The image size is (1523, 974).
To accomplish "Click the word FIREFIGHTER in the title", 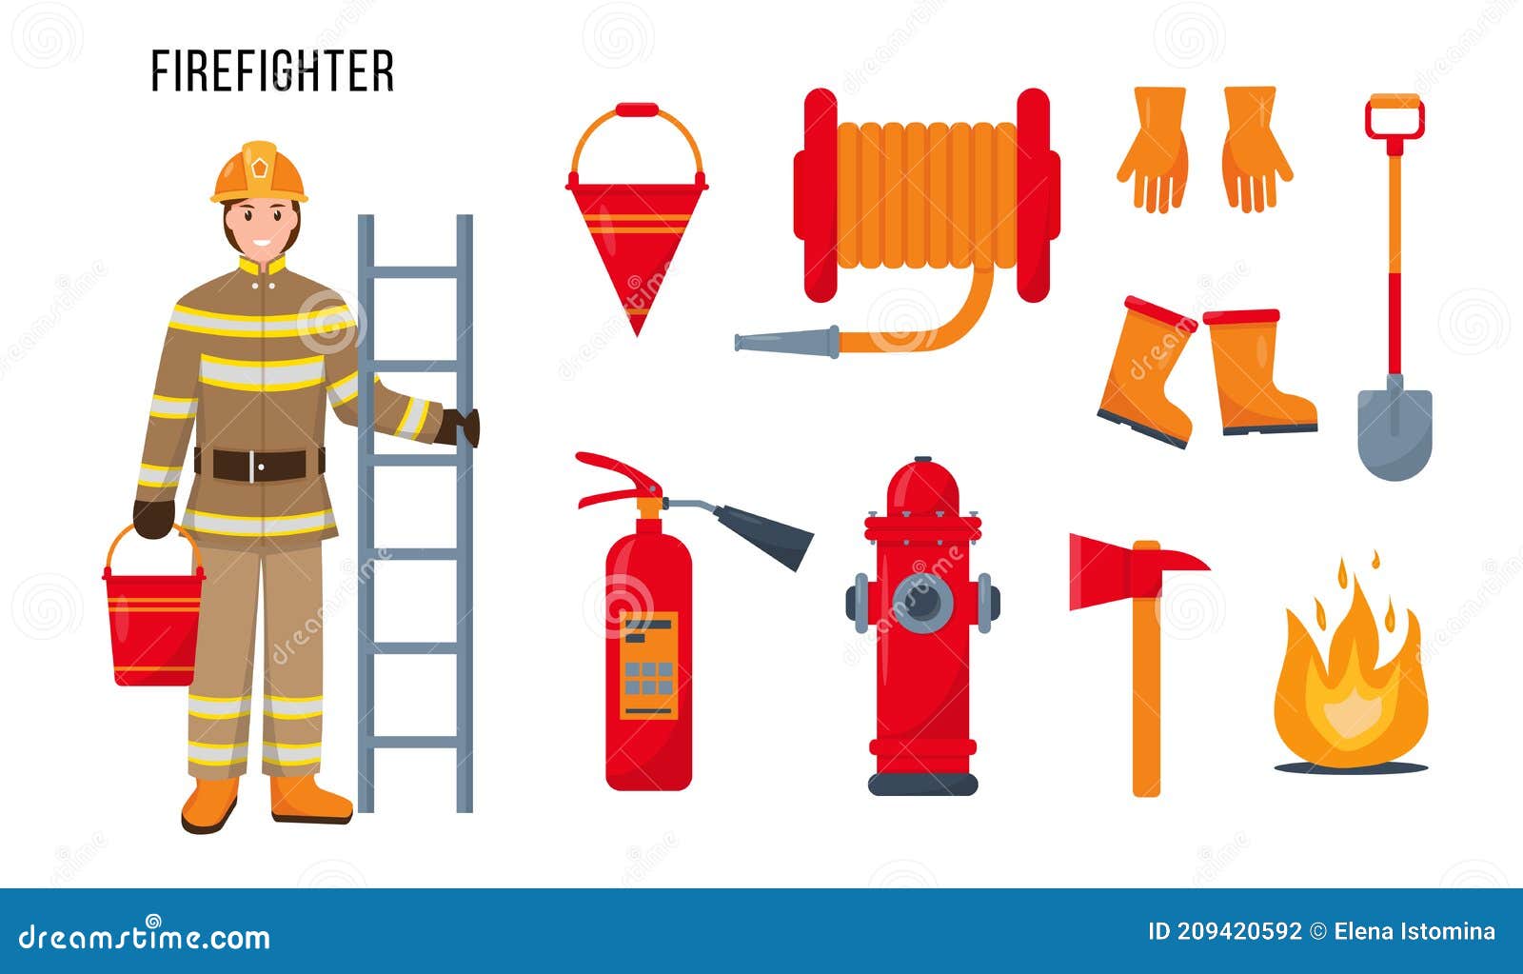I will pos(272,71).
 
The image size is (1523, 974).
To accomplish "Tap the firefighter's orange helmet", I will pos(259,172).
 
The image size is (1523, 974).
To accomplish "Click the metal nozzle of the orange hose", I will pos(787,341).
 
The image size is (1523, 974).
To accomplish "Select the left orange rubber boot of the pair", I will pos(1148,372).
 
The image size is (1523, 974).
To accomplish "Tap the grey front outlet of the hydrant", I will pos(922,603).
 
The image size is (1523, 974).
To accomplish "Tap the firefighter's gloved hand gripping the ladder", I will pos(461,427).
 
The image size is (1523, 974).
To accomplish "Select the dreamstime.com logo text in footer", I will pos(145,937).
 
